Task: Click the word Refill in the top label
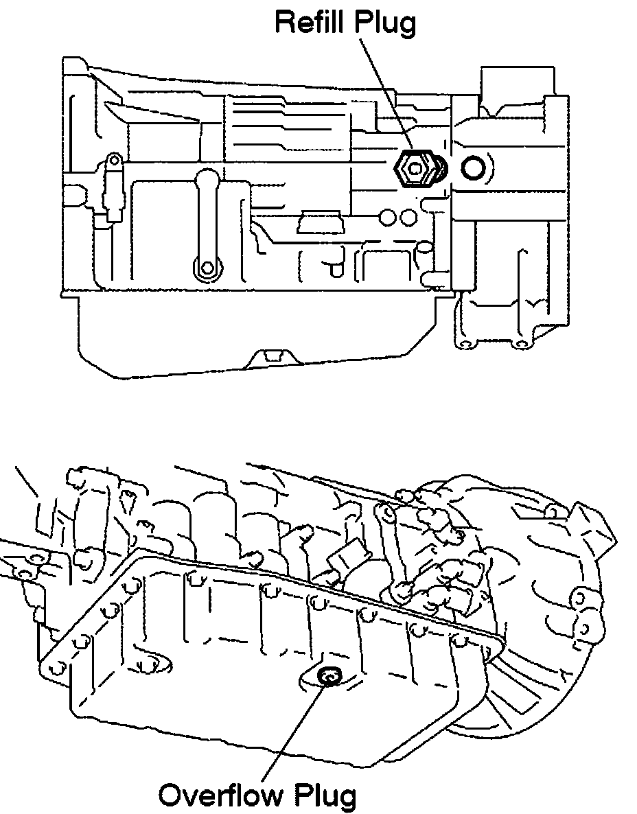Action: (312, 22)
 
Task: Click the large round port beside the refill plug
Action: (474, 167)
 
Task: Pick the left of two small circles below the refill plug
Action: (388, 217)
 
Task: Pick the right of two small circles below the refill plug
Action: (408, 217)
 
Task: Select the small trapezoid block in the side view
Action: (320, 224)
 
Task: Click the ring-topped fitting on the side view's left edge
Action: (113, 162)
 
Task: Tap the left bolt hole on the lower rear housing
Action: (465, 343)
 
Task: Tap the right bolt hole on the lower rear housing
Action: (521, 343)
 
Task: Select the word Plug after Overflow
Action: (326, 796)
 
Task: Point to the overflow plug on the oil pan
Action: (328, 677)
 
